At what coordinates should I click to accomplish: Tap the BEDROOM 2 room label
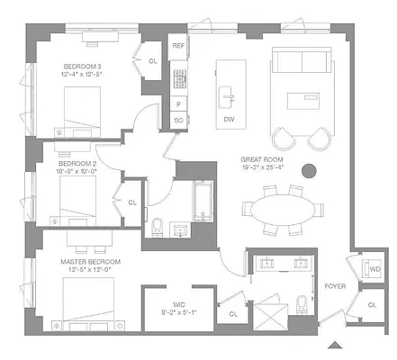pyautogui.click(x=74, y=164)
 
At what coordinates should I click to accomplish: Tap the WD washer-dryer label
pyautogui.click(x=374, y=269)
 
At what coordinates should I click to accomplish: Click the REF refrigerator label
pyautogui.click(x=178, y=45)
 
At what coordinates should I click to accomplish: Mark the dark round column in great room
pyautogui.click(x=309, y=168)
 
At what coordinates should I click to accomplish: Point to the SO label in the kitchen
pyautogui.click(x=178, y=119)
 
